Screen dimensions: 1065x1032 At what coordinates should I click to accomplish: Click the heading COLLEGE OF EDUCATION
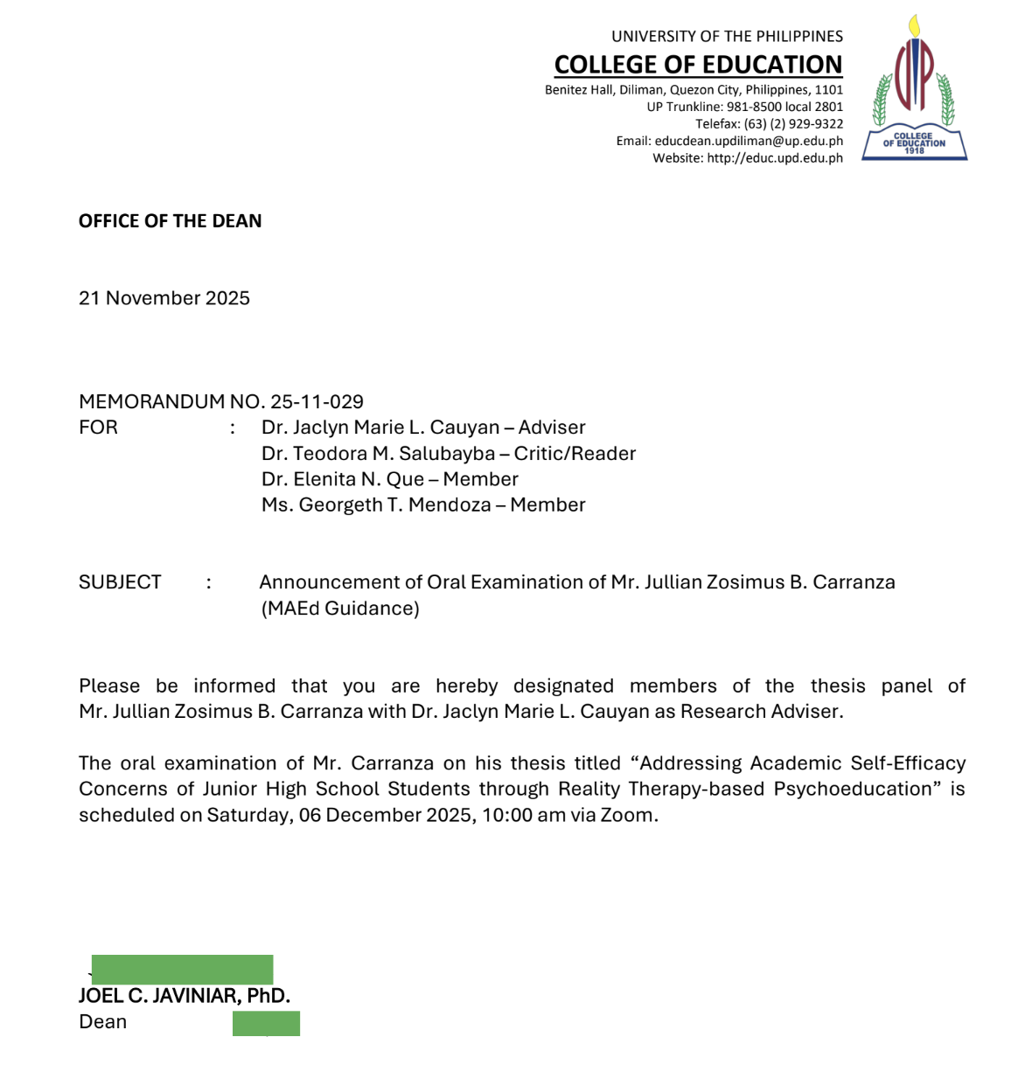(x=698, y=65)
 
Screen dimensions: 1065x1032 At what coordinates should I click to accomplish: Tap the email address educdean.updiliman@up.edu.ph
(x=749, y=141)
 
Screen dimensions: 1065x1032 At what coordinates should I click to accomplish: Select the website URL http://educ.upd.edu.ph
(x=775, y=158)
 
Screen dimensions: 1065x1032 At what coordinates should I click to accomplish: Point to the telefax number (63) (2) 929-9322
(x=793, y=124)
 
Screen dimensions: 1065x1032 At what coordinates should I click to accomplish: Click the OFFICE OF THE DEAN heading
(x=171, y=221)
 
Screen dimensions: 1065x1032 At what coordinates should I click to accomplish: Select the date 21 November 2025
(x=164, y=298)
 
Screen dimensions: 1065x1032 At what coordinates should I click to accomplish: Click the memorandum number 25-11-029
(x=317, y=401)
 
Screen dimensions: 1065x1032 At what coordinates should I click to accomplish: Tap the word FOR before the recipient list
(x=98, y=428)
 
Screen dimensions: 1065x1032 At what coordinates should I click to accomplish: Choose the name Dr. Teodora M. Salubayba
(x=378, y=454)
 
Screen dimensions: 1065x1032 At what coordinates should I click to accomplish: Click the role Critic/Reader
(x=575, y=454)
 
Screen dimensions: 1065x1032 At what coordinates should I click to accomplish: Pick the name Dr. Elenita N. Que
(x=342, y=479)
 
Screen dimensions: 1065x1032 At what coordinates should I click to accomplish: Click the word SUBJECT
(x=120, y=582)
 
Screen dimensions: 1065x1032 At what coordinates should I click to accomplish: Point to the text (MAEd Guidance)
(x=340, y=609)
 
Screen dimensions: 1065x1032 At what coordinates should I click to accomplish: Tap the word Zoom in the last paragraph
(x=626, y=815)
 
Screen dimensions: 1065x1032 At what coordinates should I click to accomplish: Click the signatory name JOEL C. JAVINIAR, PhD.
(x=185, y=996)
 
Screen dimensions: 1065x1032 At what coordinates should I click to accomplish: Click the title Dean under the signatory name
(x=103, y=1022)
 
